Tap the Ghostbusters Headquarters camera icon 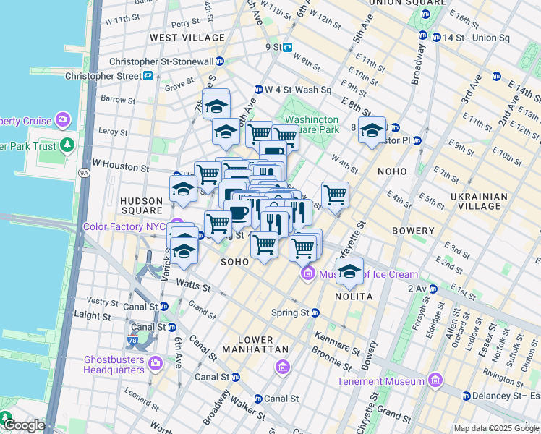(153, 363)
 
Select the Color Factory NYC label (125, 226)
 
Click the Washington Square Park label (312, 124)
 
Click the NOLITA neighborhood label (354, 297)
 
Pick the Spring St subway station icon (315, 312)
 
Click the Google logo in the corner (23, 425)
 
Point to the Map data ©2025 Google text (495, 428)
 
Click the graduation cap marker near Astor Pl (372, 130)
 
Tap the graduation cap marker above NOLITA (349, 271)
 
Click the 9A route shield (84, 172)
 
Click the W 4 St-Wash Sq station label (298, 90)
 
